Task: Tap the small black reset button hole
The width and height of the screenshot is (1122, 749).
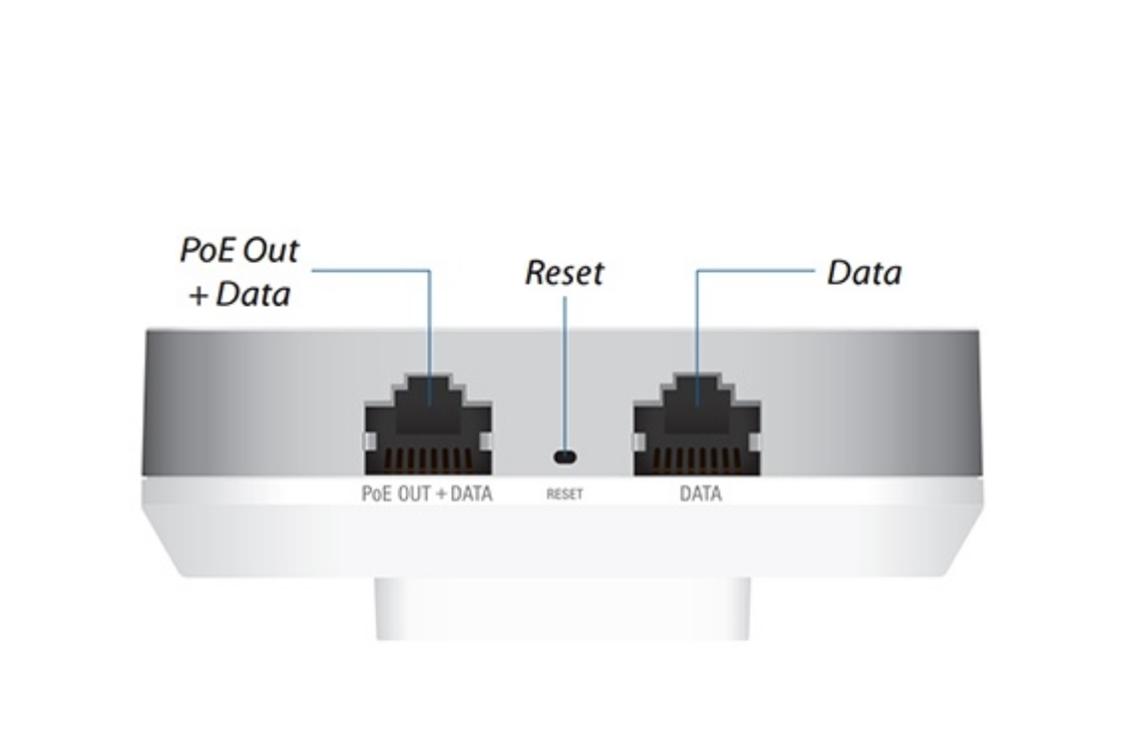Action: pos(565,456)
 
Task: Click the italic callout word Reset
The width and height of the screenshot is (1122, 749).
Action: pos(565,273)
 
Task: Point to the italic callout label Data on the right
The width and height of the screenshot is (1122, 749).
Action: pos(864,273)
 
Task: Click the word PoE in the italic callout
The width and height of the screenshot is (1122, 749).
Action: pos(208,250)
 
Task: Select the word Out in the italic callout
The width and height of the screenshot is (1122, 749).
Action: pos(271,250)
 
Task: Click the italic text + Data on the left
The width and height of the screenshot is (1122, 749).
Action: pos(240,295)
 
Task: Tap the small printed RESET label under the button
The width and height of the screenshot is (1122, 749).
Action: pos(565,494)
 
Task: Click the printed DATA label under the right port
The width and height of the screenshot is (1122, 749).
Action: pos(701,493)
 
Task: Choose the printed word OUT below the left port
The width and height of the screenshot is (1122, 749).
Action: pos(413,493)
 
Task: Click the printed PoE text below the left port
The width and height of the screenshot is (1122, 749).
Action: pos(377,493)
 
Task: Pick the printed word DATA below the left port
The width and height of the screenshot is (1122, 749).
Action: pos(471,493)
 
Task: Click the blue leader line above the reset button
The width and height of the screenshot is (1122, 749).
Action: pos(565,373)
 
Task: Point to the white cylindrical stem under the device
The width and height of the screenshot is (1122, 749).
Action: pos(562,608)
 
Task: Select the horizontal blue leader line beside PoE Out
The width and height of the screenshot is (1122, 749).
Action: pos(370,271)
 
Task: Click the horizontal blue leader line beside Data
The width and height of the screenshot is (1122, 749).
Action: pos(756,271)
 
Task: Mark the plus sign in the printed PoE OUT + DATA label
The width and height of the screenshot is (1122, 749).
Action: pos(440,494)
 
